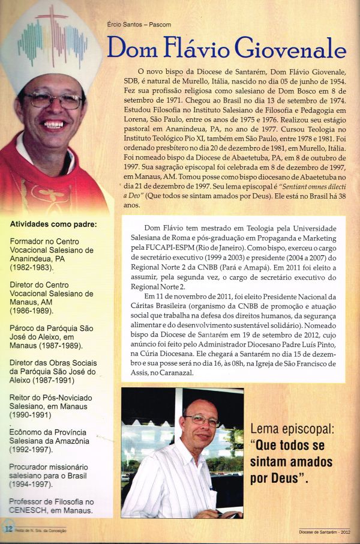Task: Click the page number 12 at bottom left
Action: pyautogui.click(x=9, y=528)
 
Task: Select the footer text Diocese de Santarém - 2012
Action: pyautogui.click(x=328, y=531)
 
